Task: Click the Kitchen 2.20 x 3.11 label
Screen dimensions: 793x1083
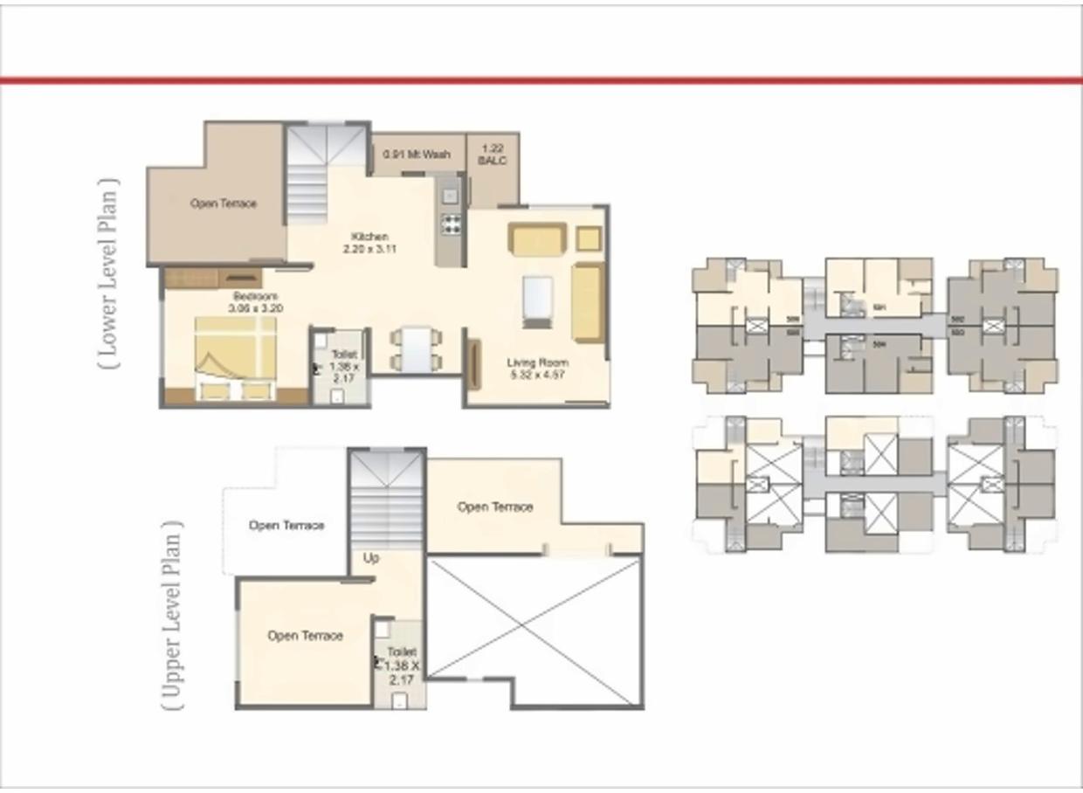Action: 370,243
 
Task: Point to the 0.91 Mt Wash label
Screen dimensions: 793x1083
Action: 417,155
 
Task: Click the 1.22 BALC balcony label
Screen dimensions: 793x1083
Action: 493,155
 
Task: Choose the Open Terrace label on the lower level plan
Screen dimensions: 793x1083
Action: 224,203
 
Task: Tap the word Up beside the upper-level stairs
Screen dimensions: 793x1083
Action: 371,558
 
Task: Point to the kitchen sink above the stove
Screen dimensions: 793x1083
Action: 450,194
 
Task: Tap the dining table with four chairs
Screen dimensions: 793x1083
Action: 417,348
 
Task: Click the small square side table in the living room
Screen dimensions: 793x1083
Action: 589,238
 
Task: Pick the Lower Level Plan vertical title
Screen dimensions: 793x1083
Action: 108,273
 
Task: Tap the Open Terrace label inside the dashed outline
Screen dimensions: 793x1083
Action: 286,526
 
